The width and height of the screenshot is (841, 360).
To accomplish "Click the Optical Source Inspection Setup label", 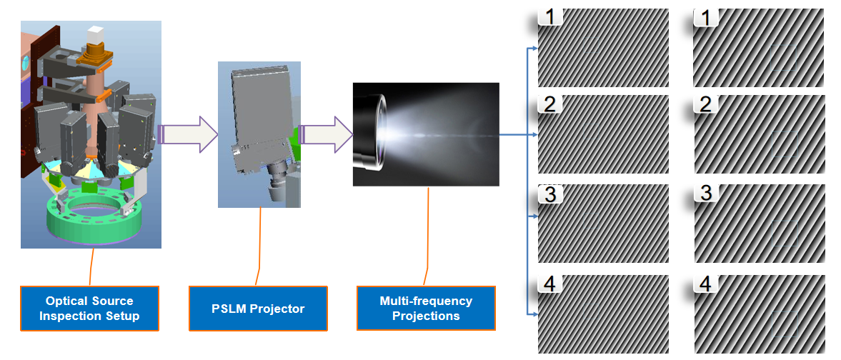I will click(x=89, y=309).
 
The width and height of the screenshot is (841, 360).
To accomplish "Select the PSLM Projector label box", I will click(x=258, y=309).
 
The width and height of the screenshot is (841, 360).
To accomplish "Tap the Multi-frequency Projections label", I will click(x=426, y=309).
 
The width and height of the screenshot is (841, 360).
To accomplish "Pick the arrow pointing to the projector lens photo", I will click(x=327, y=134).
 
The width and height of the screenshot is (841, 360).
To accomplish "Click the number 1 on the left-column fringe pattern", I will click(x=549, y=16).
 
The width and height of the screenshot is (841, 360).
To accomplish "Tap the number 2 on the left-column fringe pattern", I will click(x=549, y=104).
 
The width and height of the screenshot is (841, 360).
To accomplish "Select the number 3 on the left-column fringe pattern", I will click(x=549, y=194).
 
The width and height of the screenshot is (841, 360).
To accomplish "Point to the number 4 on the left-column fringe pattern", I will click(x=549, y=284).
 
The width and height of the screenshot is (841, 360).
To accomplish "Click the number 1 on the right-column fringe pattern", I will click(x=706, y=18).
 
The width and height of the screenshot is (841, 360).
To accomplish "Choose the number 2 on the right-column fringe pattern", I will click(x=706, y=105).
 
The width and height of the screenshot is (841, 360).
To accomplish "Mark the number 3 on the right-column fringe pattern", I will click(x=706, y=194).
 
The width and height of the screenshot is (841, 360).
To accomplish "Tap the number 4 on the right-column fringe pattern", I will click(x=706, y=284).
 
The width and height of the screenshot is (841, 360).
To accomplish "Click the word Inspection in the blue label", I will click(x=69, y=316).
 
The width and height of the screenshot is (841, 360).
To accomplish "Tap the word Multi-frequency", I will click(x=426, y=301).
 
